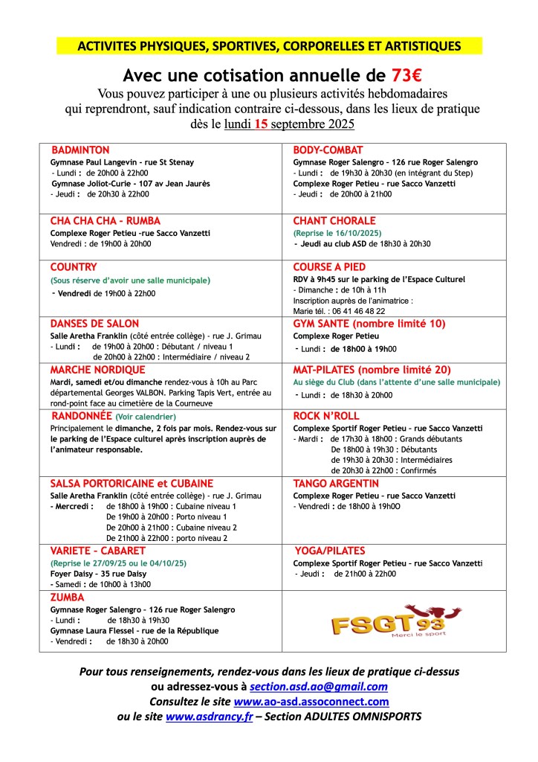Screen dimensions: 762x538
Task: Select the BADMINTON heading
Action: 80,150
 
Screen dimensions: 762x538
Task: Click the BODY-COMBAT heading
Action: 328,150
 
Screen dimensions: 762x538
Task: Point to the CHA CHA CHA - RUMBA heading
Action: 105,221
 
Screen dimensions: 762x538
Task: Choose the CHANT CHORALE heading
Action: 334,221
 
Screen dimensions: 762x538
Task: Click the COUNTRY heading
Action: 74,266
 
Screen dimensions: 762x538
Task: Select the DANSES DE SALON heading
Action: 94,323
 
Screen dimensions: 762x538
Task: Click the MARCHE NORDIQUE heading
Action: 98,369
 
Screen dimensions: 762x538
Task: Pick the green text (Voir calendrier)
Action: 146,417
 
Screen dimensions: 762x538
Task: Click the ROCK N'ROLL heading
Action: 326,415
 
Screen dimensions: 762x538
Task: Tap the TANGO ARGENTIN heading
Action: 336,483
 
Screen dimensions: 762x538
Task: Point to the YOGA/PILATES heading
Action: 331,551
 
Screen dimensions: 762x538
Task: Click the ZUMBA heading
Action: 67,597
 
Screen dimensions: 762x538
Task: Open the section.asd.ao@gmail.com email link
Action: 319,686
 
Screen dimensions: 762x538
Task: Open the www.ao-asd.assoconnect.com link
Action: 311,701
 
